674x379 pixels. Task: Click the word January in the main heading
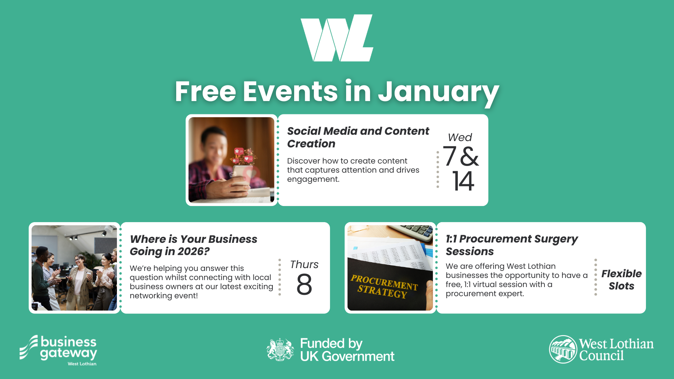[x=438, y=92]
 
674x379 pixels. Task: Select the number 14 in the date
[x=463, y=181]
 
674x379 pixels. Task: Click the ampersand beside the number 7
[x=469, y=156]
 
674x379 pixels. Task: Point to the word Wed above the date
[x=460, y=137]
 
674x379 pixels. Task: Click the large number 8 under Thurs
[x=304, y=284]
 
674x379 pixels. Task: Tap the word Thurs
[x=304, y=264]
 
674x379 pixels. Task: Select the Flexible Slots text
[x=621, y=280]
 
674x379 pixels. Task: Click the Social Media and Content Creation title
[x=358, y=137]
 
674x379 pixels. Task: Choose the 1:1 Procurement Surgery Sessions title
[x=511, y=245]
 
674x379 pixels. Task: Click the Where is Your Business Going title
[x=193, y=245]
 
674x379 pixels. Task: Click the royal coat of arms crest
[x=280, y=350]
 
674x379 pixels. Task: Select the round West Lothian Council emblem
[x=563, y=350]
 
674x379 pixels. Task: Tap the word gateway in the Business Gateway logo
[x=69, y=354]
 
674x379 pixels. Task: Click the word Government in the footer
[x=358, y=357]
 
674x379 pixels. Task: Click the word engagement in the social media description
[x=313, y=180]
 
